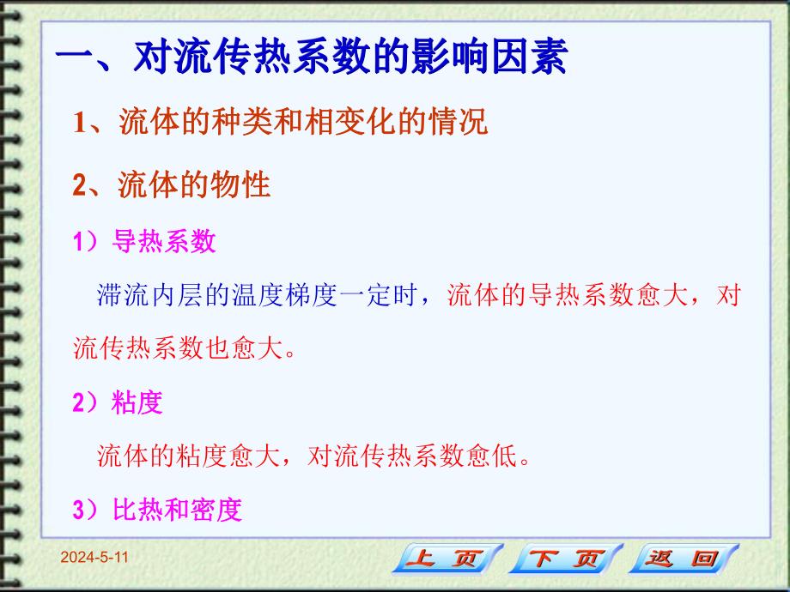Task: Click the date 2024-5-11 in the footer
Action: tap(94, 558)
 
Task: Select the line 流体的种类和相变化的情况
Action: tap(300, 123)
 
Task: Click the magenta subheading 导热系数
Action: tap(163, 243)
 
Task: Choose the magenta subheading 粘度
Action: tap(137, 403)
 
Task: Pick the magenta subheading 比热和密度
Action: tap(177, 510)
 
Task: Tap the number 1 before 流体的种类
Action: tap(79, 124)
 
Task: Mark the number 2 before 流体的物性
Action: tap(79, 185)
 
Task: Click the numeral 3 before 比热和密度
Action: tap(78, 511)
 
